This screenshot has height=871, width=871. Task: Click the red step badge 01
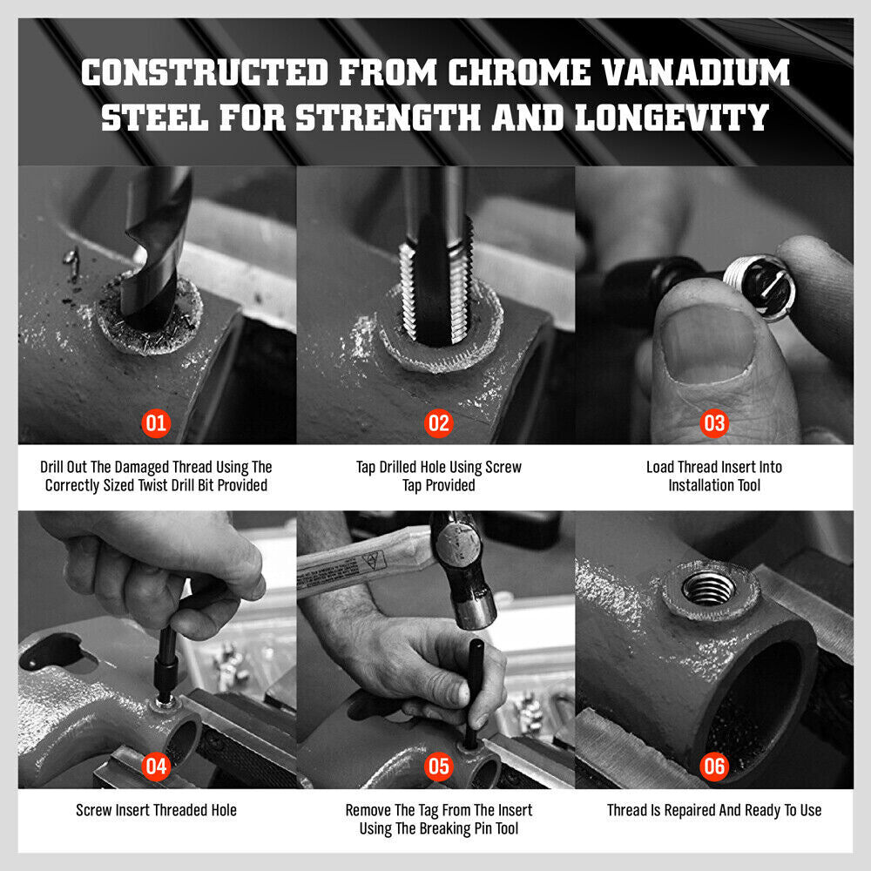(x=156, y=424)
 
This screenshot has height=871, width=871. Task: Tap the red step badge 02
(x=438, y=424)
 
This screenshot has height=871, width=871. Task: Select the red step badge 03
(x=714, y=424)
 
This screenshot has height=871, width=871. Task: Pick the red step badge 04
(x=156, y=766)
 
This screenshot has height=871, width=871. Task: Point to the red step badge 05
(x=438, y=766)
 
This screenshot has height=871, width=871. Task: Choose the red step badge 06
(x=714, y=766)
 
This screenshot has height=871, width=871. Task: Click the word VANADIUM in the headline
(x=696, y=73)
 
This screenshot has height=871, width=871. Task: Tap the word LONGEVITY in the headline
(x=672, y=118)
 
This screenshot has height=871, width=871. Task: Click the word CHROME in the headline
(x=520, y=73)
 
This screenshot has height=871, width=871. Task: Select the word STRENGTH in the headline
(x=388, y=118)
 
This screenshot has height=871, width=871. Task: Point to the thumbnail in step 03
(x=707, y=343)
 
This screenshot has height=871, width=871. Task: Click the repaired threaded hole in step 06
(x=709, y=588)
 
